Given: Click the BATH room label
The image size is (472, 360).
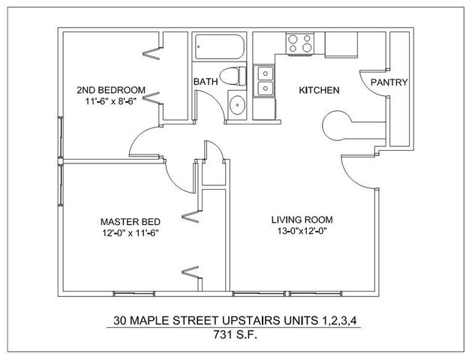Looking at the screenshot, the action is [206, 82].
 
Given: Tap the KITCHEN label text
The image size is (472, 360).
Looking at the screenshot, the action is [319, 90].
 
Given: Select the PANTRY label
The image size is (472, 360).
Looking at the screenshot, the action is [389, 82].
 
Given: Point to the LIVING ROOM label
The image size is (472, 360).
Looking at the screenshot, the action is [302, 220].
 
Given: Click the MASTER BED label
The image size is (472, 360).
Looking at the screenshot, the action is [131, 222].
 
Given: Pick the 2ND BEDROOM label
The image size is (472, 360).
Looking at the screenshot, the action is [111, 90].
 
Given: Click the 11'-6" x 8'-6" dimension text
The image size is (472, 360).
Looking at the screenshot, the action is [111, 101].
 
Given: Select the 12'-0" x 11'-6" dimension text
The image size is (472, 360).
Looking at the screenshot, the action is [131, 233].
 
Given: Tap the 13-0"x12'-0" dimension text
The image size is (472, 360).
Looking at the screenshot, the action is [302, 231].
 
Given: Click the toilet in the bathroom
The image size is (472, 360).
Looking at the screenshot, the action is [233, 76].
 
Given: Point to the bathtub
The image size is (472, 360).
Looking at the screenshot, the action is [219, 47].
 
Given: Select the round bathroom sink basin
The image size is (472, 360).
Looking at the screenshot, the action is [238, 105].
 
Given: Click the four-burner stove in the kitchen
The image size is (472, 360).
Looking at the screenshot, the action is [300, 44].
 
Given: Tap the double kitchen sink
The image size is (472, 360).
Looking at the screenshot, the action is [264, 81].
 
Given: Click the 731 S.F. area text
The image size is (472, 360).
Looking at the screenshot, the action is [236, 334].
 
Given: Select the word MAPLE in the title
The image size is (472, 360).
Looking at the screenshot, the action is [149, 320].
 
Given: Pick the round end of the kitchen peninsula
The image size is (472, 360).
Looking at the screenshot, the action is [335, 125].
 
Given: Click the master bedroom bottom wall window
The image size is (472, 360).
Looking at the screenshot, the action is [134, 294].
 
